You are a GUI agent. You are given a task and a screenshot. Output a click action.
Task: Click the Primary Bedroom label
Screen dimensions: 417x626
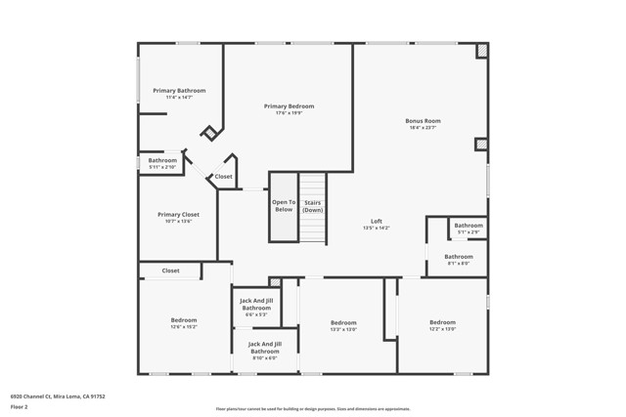pos(289,105)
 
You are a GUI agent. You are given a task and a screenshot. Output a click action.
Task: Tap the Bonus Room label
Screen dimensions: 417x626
pos(424,120)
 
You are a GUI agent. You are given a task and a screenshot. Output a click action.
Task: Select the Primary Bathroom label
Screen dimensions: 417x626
pos(179,90)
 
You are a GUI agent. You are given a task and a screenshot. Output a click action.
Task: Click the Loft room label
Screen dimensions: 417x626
pos(377,220)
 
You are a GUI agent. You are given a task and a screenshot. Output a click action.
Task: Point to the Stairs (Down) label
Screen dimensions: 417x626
pos(312,206)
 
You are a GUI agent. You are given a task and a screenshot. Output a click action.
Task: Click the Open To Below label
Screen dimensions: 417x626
pos(284,205)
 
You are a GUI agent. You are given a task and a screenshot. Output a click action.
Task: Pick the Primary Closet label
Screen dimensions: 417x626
pos(178,214)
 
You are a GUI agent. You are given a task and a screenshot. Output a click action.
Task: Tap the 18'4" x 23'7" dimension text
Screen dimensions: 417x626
pos(424,128)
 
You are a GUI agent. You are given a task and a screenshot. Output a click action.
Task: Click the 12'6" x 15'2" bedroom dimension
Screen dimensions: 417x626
pos(184,327)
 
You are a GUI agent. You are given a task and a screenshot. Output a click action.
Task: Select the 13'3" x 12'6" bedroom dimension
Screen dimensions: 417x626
pos(343,329)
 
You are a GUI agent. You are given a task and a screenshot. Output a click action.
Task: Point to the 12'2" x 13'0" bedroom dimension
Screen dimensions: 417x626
pos(442,329)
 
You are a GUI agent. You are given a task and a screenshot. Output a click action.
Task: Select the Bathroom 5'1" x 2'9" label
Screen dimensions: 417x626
pos(469,229)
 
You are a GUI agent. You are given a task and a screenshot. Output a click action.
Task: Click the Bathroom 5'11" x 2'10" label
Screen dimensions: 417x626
pos(162,163)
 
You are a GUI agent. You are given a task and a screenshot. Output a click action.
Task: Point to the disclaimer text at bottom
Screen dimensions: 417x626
pos(312,409)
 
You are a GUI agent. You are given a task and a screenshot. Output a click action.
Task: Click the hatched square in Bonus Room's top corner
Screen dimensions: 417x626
pos(481,51)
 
